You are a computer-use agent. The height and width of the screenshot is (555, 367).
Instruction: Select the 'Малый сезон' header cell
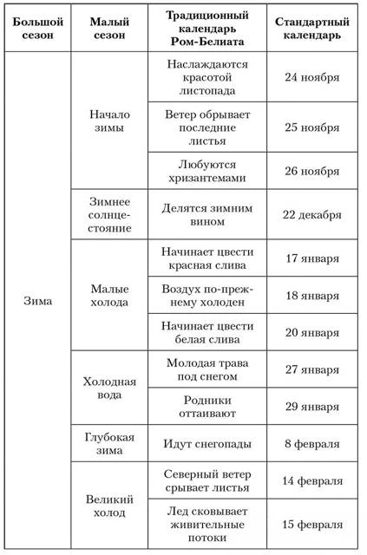click(x=109, y=27)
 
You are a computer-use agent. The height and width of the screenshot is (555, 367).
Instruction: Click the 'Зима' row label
click(x=37, y=302)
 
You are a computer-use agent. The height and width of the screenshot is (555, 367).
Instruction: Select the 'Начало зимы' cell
click(x=109, y=121)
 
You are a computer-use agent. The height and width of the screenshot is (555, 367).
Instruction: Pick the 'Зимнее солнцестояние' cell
click(x=109, y=213)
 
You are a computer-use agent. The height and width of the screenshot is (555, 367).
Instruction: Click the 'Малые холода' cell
click(x=109, y=295)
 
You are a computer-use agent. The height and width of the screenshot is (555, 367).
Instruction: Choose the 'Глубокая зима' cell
click(x=109, y=444)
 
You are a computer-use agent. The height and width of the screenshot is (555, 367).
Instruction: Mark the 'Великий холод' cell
click(x=109, y=506)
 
